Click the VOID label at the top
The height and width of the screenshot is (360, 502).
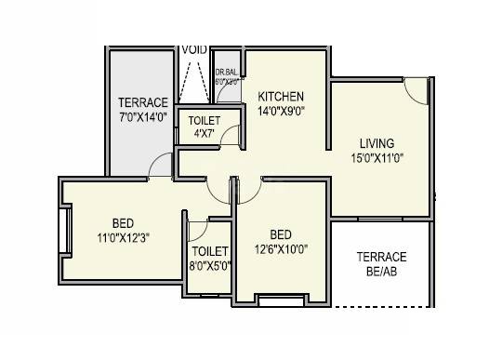194,49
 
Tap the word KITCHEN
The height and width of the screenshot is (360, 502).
281,96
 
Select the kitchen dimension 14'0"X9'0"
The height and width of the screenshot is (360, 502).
281,111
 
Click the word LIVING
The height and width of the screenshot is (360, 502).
377,143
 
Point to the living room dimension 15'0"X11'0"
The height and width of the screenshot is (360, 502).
377,158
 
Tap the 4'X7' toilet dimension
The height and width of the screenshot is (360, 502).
203,134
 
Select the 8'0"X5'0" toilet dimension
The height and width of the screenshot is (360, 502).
210,265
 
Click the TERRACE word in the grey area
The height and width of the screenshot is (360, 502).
142,102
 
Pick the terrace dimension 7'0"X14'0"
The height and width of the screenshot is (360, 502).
142,116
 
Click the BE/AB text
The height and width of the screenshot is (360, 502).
381,273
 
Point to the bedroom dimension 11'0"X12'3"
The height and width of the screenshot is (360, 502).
122,237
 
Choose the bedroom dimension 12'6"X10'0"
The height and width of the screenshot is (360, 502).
280,247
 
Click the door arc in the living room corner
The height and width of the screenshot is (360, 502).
416,88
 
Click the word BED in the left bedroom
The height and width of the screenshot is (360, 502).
122,223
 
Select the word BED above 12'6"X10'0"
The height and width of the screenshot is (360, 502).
280,233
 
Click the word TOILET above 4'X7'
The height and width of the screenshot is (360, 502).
204,121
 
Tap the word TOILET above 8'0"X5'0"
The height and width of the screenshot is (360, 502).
210,251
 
